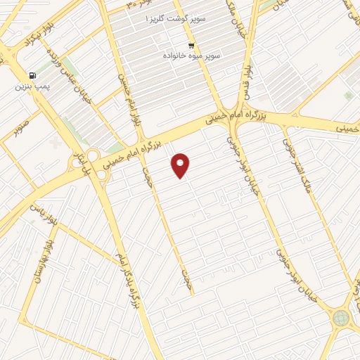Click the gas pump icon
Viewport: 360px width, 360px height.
[32, 76]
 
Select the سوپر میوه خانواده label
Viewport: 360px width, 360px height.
[192, 54]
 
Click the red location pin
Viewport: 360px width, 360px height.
[181, 165]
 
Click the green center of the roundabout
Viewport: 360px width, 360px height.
[341, 318]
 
